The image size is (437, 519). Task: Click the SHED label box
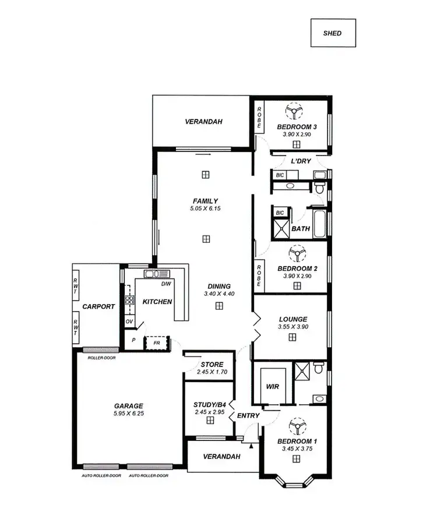(x=332, y=33)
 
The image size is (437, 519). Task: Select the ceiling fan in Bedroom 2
(x=297, y=253)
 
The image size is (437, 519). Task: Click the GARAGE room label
(x=129, y=406)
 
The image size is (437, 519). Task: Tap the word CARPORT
(x=98, y=306)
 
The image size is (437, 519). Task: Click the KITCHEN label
(x=157, y=302)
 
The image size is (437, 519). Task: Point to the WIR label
(x=273, y=386)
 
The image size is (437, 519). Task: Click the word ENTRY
(x=248, y=415)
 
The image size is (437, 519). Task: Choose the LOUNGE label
(x=293, y=319)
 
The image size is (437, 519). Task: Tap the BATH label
(x=300, y=229)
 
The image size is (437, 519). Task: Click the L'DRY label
(x=301, y=161)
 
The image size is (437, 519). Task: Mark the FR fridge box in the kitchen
(x=156, y=343)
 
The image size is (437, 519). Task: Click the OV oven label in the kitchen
(x=129, y=322)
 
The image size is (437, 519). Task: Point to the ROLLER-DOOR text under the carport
(x=100, y=358)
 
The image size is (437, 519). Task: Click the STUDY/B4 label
(x=209, y=405)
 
